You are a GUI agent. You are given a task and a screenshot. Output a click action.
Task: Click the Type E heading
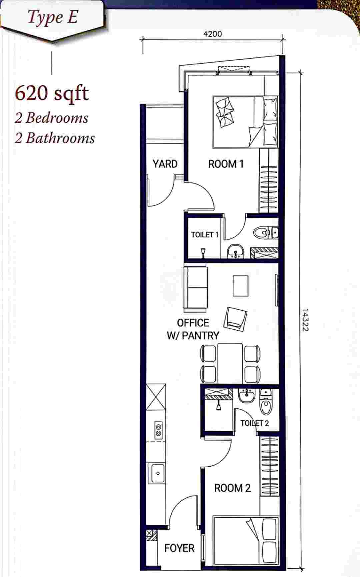[x=52, y=17]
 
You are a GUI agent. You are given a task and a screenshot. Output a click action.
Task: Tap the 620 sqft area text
[x=52, y=93]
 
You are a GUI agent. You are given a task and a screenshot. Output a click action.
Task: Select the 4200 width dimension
[x=212, y=34]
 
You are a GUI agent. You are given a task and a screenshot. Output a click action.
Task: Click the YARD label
[x=165, y=164]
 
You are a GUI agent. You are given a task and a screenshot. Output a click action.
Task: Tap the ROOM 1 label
[x=226, y=164]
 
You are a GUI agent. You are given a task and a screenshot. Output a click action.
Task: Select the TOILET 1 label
[x=204, y=235]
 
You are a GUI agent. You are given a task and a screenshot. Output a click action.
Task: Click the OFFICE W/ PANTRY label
[x=193, y=329]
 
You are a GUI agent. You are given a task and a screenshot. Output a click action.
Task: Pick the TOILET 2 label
[x=255, y=423]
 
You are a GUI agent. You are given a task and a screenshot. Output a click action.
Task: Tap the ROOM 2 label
[x=232, y=488]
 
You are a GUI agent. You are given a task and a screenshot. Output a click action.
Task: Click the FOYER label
[x=179, y=548]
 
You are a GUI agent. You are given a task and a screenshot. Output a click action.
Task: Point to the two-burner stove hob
[x=158, y=430]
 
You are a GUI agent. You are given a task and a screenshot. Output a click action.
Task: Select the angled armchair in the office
[x=236, y=318]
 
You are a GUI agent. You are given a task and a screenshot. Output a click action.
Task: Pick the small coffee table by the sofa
[x=240, y=286]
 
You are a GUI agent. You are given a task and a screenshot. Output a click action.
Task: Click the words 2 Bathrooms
[x=55, y=138]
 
